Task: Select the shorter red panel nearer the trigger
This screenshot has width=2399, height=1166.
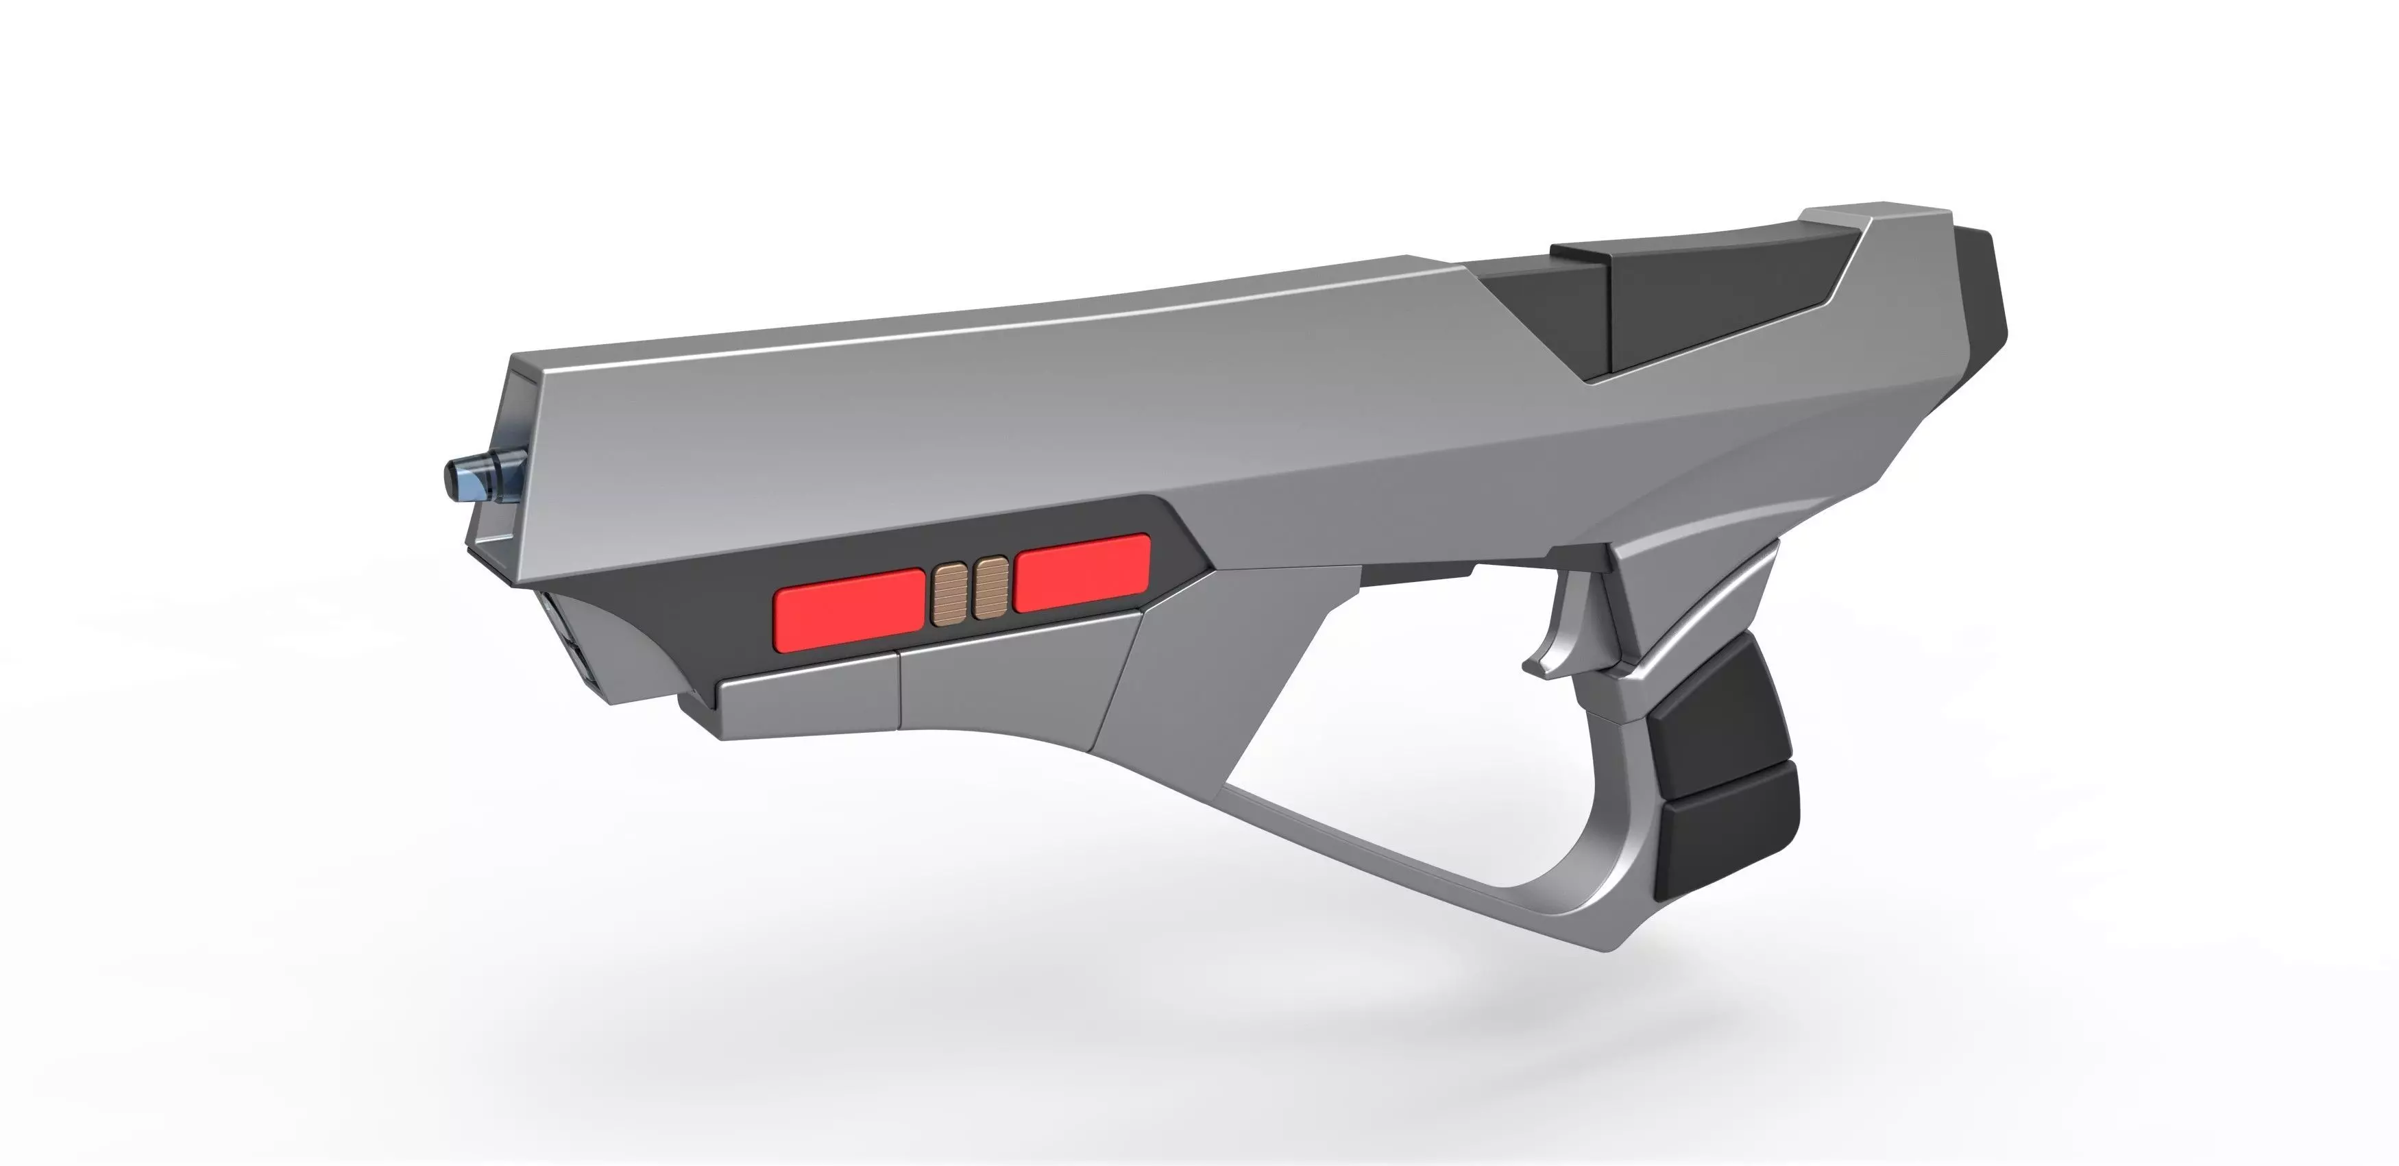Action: click(x=1082, y=573)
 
